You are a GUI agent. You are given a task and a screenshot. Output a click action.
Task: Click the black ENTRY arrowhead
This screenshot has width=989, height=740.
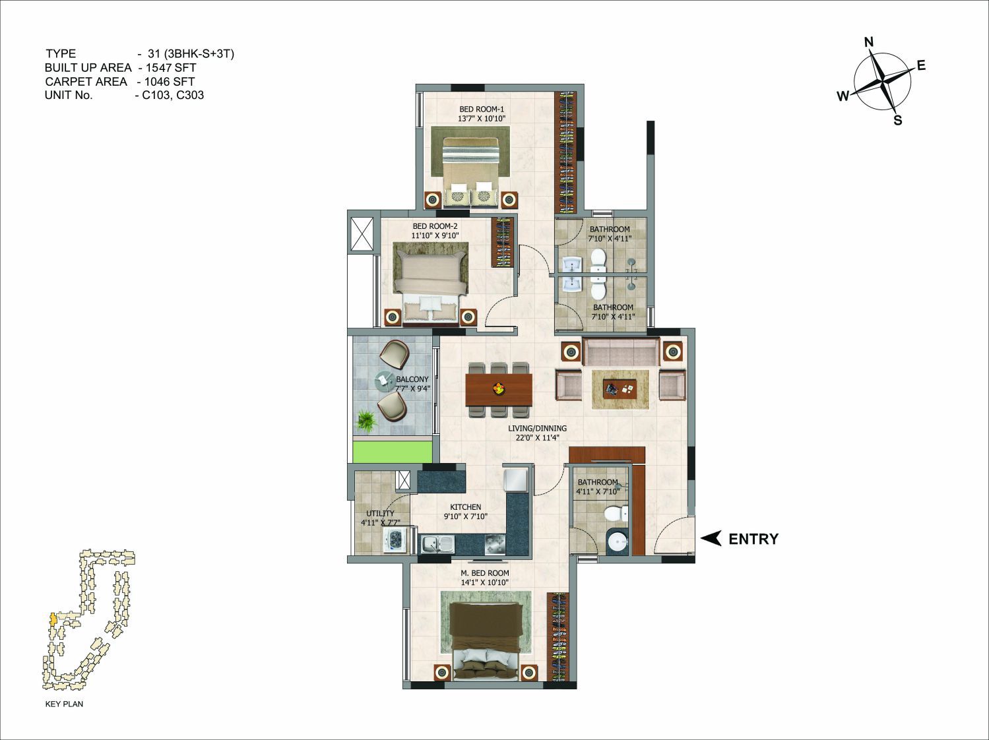click(x=711, y=538)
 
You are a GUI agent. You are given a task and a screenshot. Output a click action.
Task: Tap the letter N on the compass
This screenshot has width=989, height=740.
click(x=869, y=42)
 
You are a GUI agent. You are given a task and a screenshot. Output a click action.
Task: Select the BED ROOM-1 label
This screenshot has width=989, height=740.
click(x=482, y=109)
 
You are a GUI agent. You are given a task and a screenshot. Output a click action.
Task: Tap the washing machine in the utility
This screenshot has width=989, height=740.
click(x=396, y=540)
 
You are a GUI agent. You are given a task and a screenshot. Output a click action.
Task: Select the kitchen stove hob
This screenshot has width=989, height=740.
click(x=495, y=545)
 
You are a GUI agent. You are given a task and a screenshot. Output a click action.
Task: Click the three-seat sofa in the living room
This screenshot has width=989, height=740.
click(x=621, y=352)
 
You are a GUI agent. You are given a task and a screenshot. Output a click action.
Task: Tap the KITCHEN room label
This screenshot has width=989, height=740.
click(x=465, y=507)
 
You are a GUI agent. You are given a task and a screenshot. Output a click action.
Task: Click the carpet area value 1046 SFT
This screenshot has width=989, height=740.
click(x=170, y=82)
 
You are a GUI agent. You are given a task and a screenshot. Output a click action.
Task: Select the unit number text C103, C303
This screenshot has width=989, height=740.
click(x=173, y=95)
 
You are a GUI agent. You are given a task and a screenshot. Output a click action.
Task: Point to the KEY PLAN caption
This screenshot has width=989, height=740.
click(x=64, y=704)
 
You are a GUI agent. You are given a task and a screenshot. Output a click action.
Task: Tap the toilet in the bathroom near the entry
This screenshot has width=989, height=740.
click(x=616, y=514)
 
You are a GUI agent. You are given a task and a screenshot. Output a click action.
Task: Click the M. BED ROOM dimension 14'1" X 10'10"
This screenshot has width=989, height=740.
click(x=484, y=582)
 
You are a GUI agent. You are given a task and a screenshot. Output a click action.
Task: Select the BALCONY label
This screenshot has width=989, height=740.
click(x=412, y=379)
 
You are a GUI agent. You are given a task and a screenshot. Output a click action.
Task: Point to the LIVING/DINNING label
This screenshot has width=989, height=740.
click(x=538, y=428)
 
